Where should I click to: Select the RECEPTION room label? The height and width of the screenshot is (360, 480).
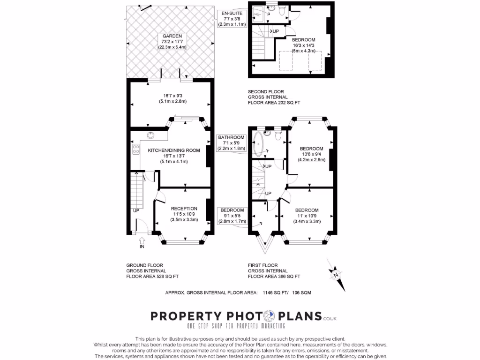click(184, 214)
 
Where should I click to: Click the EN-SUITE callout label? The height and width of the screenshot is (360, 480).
click(233, 19)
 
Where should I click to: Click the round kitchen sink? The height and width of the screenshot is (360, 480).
click(151, 136)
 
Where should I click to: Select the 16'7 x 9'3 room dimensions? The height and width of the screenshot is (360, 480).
click(171, 98)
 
